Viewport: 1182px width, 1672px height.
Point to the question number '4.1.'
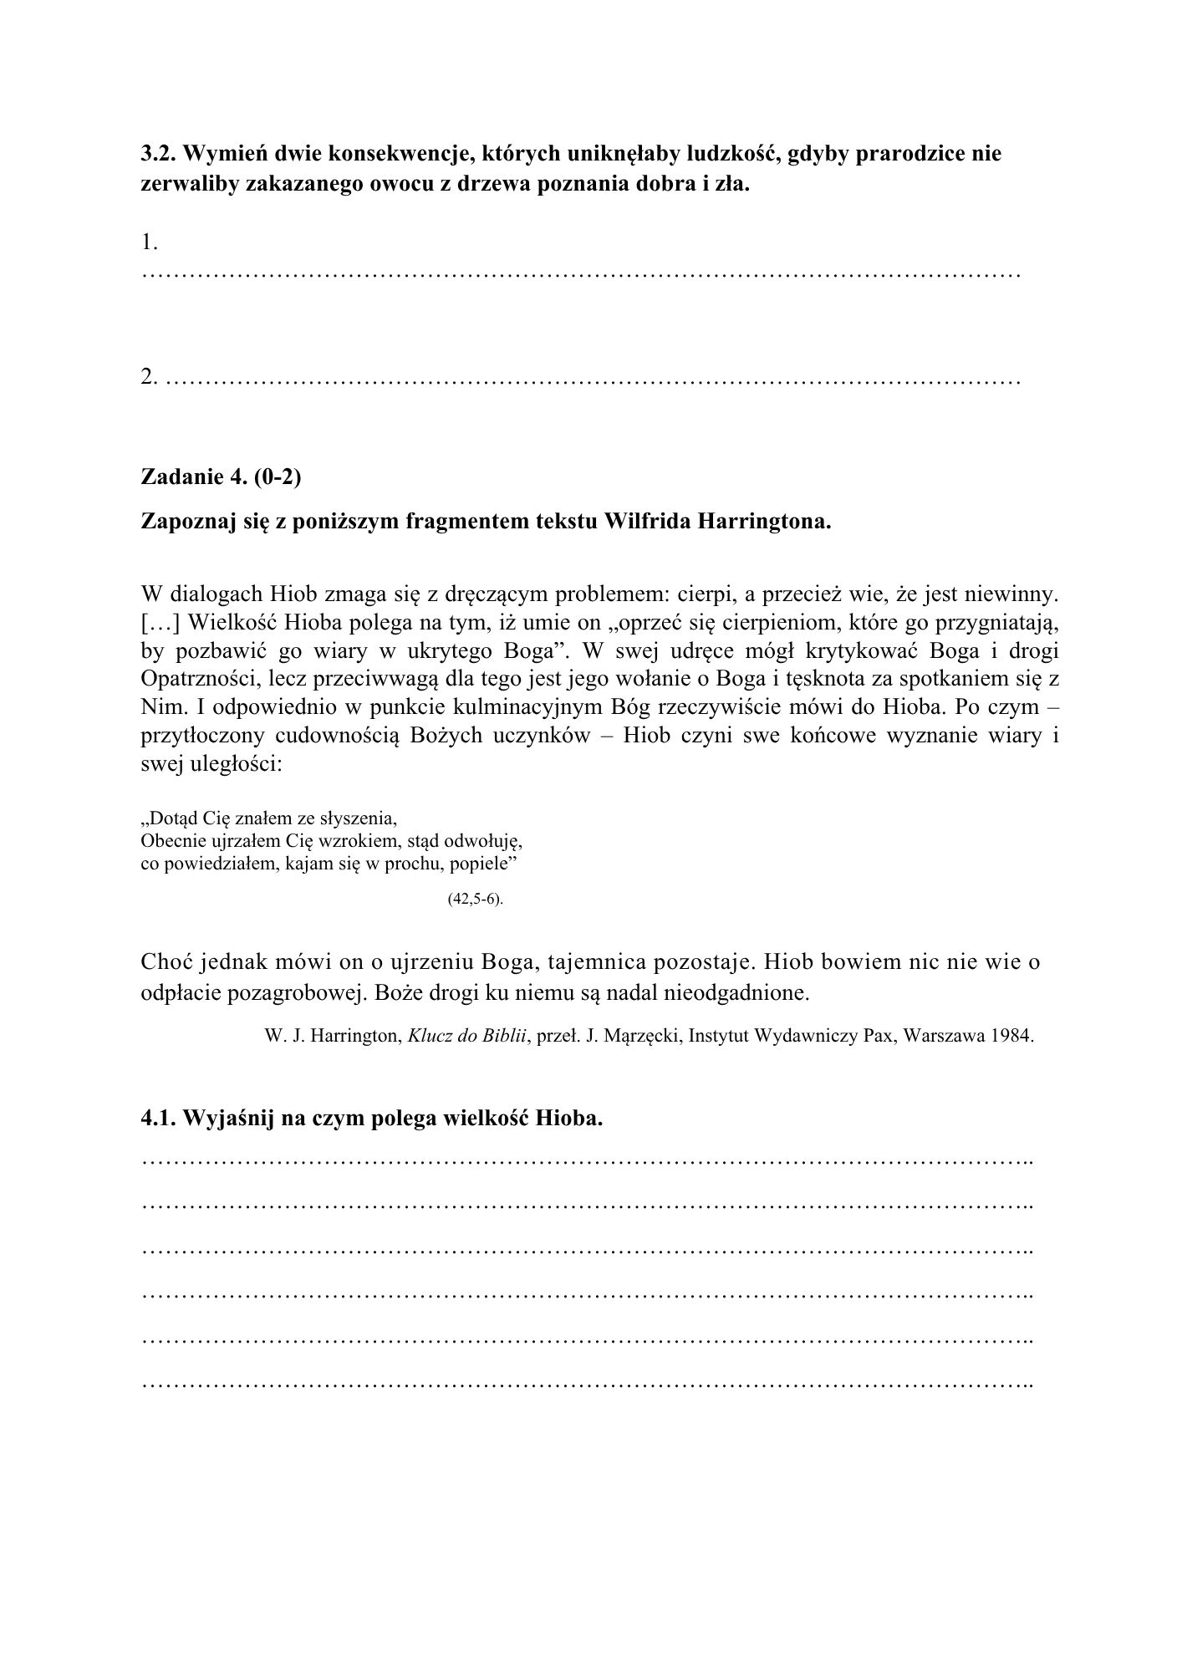point(158,1119)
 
